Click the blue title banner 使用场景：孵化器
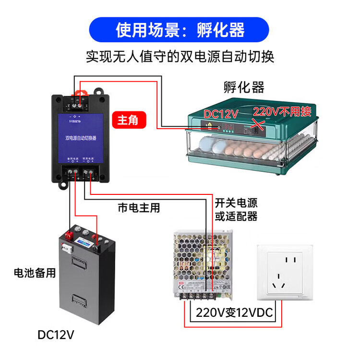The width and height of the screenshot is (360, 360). pyautogui.click(x=180, y=30)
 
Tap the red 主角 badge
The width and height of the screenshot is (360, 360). pyautogui.click(x=128, y=120)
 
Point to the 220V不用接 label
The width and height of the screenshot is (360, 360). pyautogui.click(x=284, y=112)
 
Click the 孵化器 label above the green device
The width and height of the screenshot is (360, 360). pyautogui.click(x=244, y=87)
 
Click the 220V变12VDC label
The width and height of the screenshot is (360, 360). pyautogui.click(x=234, y=313)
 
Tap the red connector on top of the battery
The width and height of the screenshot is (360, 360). pyautogui.click(x=69, y=236)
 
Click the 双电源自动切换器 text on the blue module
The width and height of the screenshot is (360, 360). pyautogui.click(x=81, y=137)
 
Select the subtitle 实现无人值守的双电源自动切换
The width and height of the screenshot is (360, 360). pyautogui.click(x=180, y=57)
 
